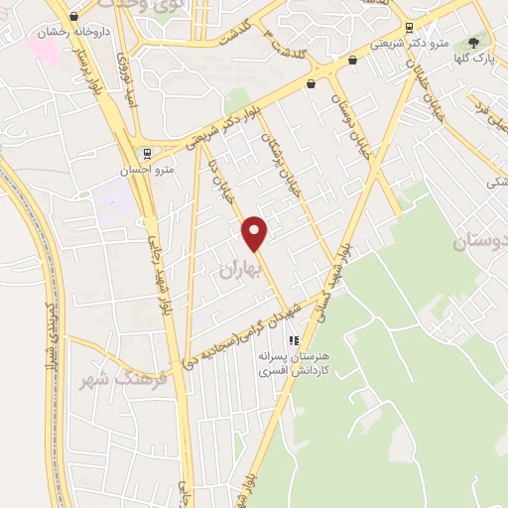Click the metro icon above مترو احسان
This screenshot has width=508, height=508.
click(147, 153)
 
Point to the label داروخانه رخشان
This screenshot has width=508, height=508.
click(71, 32)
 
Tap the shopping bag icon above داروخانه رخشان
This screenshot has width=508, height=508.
click(71, 15)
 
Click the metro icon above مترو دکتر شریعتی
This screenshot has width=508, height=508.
click(409, 27)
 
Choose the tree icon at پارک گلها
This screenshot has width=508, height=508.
click(473, 43)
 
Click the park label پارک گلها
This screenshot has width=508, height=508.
click(480, 60)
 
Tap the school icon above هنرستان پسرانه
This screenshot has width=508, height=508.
click(293, 341)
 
